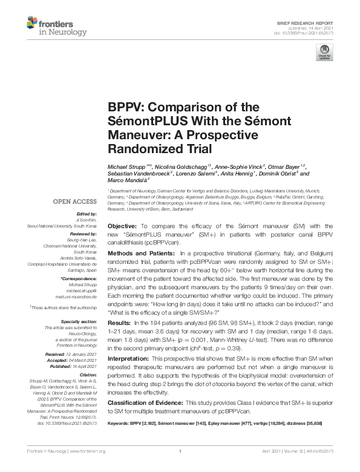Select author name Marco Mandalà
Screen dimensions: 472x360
pos(130,180)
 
